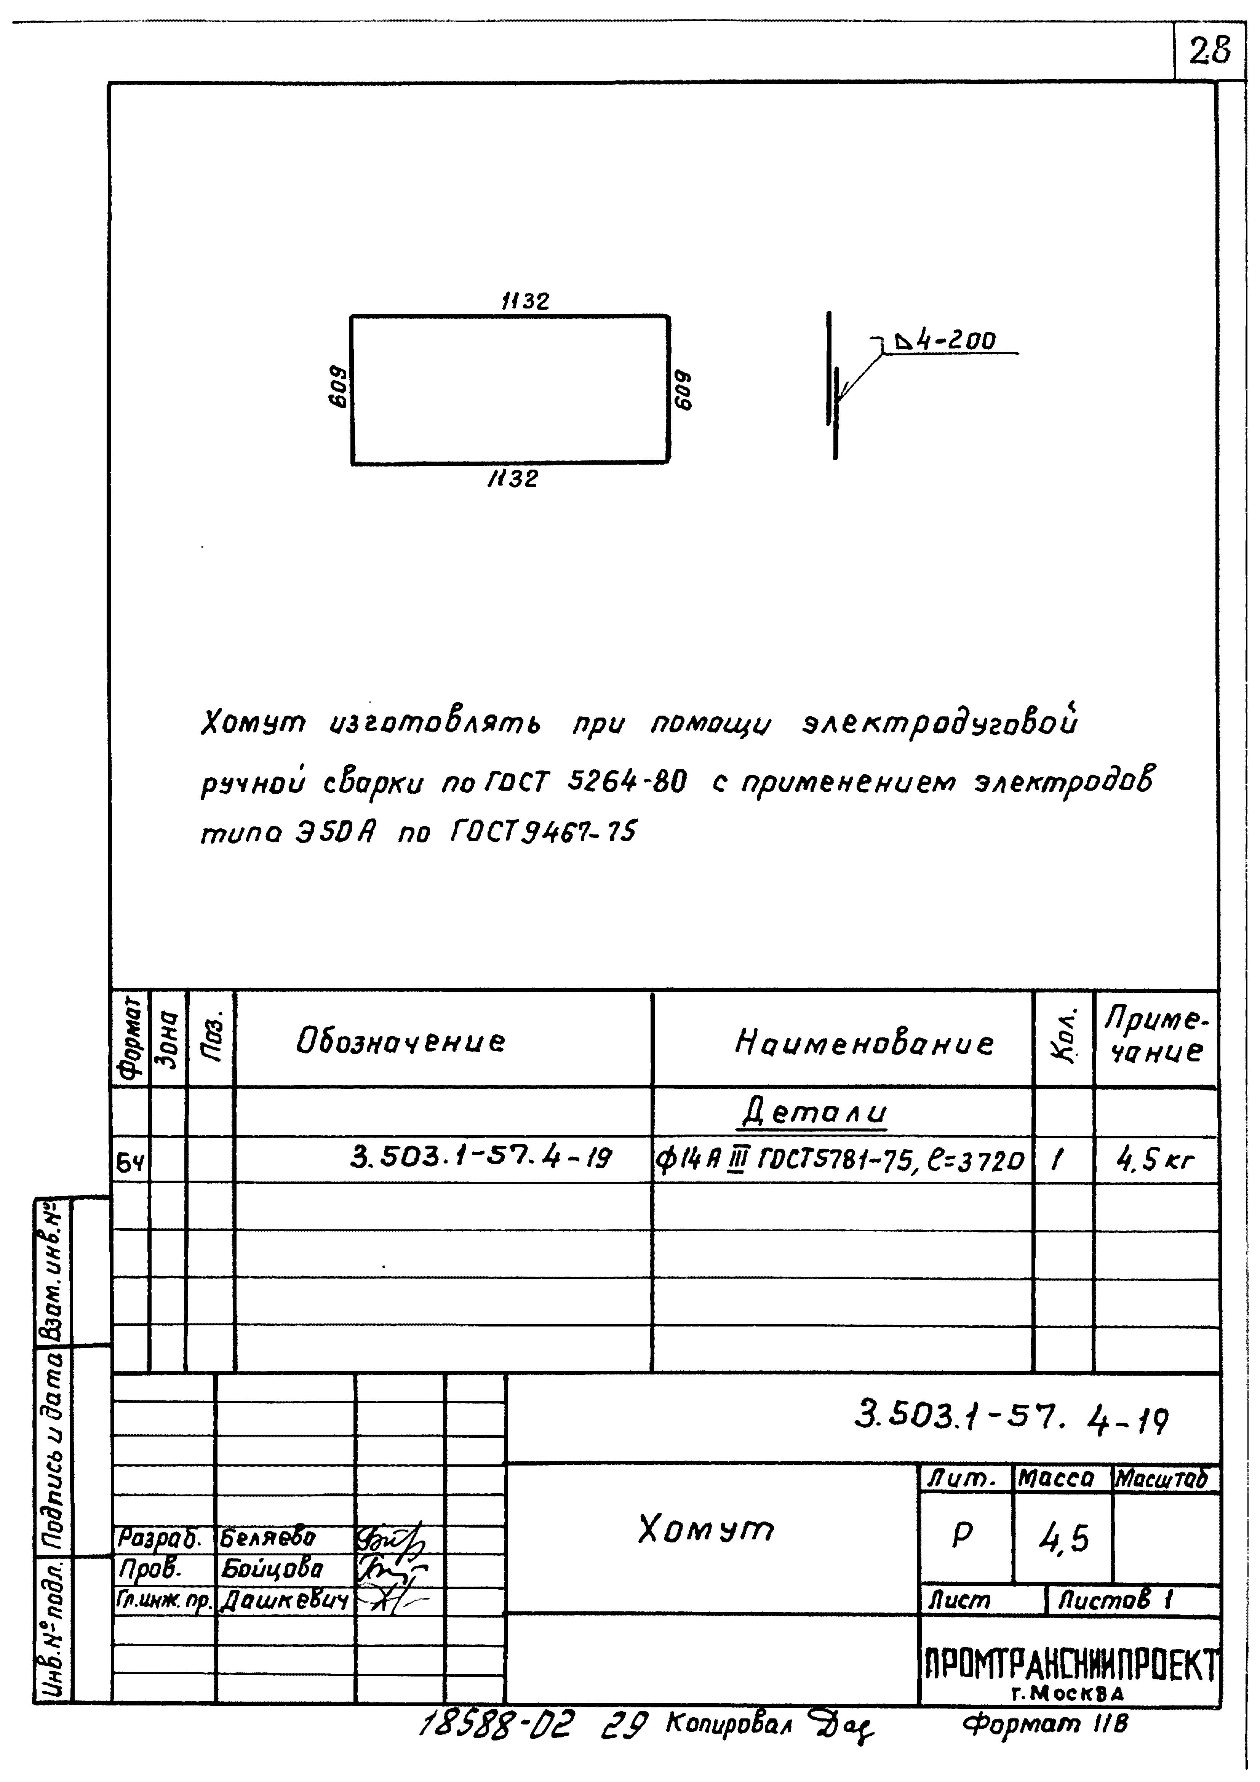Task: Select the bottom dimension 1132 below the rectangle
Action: pos(512,478)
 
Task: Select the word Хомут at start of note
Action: pos(253,724)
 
